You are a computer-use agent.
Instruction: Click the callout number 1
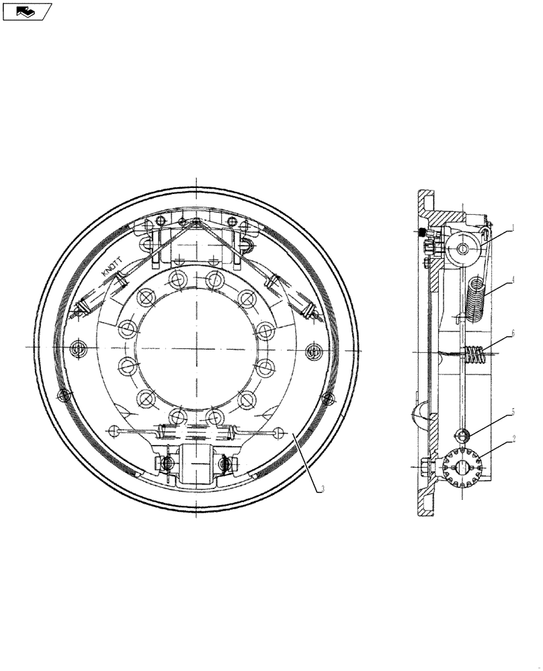(x=513, y=227)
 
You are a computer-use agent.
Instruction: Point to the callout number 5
(x=513, y=412)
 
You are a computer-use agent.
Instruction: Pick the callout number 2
(x=513, y=439)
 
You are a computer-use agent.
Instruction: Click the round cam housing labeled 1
(x=464, y=249)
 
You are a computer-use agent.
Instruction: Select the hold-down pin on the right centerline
(x=312, y=349)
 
